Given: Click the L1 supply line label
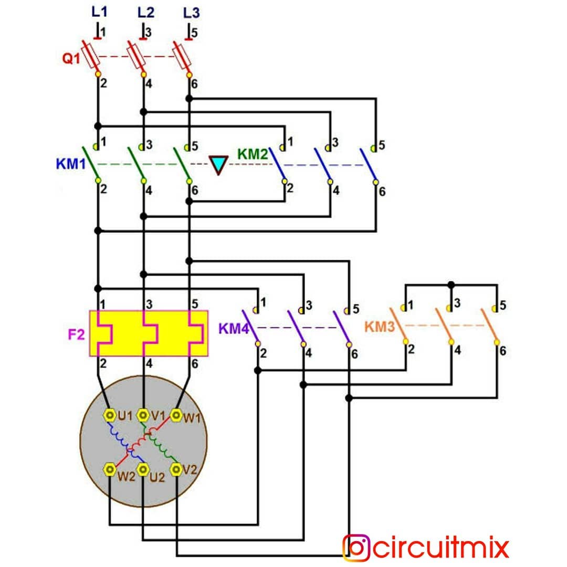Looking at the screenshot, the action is click(x=99, y=12).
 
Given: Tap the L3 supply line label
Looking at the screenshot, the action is click(x=191, y=13).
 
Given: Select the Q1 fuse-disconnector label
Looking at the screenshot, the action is click(x=71, y=58).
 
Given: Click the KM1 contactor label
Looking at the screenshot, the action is click(x=71, y=164).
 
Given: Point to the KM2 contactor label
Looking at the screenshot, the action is click(x=253, y=154).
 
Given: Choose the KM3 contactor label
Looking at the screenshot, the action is click(x=380, y=327).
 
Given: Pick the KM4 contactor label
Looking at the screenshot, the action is click(x=234, y=329).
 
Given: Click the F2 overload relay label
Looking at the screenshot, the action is click(x=76, y=334).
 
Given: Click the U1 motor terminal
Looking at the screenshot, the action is click(x=110, y=415).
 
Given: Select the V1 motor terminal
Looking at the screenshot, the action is click(x=143, y=415).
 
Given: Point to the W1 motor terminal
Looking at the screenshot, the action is click(x=176, y=415).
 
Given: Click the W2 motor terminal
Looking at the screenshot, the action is click(x=110, y=469).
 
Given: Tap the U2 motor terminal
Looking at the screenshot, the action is click(x=143, y=469).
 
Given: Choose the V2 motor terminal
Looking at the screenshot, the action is click(x=176, y=469).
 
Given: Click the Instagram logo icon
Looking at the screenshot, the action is click(x=356, y=548).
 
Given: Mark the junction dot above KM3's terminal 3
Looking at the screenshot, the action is click(x=451, y=285).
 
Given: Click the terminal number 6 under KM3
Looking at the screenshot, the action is click(x=502, y=351).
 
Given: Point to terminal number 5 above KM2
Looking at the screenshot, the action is click(x=382, y=145).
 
